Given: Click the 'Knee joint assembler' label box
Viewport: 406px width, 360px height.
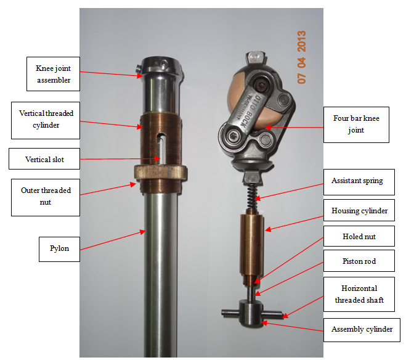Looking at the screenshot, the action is [x=53, y=74].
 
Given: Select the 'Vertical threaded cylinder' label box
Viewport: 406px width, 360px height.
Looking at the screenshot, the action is [x=46, y=120].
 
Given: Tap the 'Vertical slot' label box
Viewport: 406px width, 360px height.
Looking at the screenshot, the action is [x=44, y=159].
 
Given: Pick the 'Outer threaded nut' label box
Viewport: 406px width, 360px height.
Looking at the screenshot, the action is [x=46, y=197].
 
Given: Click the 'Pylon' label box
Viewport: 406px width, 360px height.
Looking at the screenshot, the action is [x=59, y=249].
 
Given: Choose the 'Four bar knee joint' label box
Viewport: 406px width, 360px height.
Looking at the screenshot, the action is [x=356, y=125].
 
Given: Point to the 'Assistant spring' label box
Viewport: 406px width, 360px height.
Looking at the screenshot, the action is [x=359, y=182].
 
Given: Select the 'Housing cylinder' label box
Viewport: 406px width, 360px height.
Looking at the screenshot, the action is [x=359, y=210].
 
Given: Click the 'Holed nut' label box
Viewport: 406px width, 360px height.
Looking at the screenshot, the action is [x=359, y=236].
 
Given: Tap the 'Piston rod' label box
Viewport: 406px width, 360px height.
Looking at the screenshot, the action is [x=359, y=261].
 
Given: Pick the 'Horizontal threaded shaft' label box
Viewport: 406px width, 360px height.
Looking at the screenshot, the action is [x=359, y=294].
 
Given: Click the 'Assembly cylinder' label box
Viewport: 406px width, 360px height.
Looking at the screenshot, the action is [x=362, y=330].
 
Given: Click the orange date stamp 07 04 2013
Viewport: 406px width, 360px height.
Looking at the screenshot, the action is [x=301, y=57].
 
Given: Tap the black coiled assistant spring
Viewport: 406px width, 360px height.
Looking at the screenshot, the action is [x=251, y=196].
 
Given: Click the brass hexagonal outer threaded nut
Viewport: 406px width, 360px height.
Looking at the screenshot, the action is [x=161, y=173].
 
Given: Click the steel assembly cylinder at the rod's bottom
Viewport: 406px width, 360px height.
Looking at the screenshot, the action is [x=250, y=312].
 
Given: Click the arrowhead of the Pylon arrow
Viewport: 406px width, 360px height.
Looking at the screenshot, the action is [x=143, y=232].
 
